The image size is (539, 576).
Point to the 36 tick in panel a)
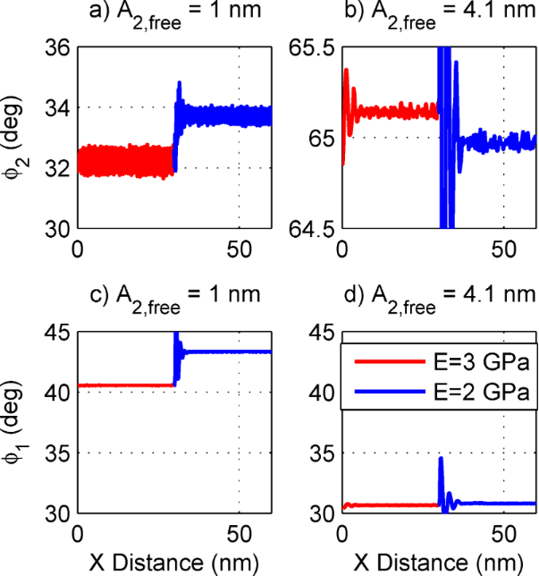click(x=58, y=47)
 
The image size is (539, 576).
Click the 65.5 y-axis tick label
click(x=312, y=47)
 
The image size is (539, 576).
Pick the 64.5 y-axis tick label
click(x=312, y=228)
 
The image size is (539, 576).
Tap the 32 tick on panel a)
click(x=58, y=168)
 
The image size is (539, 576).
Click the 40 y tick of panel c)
click(x=58, y=393)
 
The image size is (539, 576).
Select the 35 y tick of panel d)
click(x=323, y=453)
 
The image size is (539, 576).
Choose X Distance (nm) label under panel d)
click(x=438, y=561)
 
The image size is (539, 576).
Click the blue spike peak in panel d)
click(x=441, y=458)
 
